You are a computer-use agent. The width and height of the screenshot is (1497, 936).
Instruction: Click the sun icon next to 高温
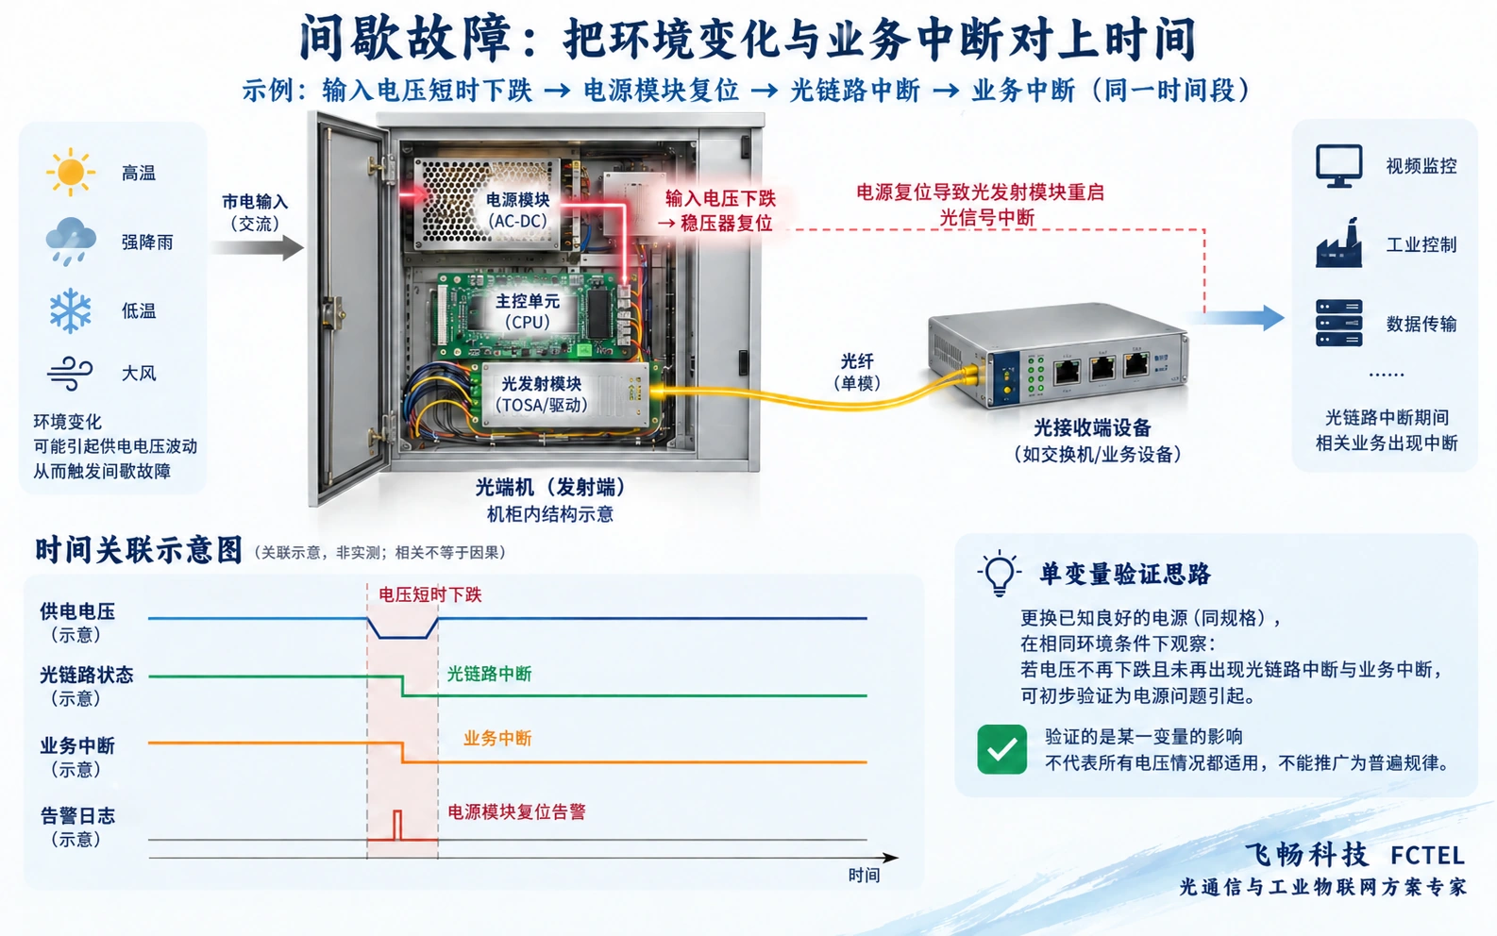click(x=70, y=173)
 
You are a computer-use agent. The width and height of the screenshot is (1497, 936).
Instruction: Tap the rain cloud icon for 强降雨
click(x=71, y=242)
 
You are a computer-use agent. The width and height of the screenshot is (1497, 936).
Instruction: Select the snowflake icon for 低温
click(x=70, y=310)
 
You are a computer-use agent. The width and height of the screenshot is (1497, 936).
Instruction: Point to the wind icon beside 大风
click(x=70, y=374)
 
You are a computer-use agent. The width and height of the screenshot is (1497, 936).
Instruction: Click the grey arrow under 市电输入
click(x=258, y=247)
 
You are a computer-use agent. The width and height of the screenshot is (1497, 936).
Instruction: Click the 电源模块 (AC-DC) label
click(x=517, y=209)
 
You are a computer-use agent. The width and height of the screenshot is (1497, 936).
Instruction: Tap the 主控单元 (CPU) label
click(x=528, y=311)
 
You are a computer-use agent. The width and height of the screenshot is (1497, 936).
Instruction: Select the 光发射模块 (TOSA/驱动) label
click(x=542, y=394)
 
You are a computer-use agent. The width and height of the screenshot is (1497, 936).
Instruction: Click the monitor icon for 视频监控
click(x=1339, y=166)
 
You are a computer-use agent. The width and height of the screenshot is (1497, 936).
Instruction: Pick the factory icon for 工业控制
click(x=1339, y=243)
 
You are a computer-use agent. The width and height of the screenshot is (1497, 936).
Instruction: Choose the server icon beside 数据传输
click(x=1339, y=323)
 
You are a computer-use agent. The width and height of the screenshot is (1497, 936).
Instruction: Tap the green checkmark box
click(x=1001, y=749)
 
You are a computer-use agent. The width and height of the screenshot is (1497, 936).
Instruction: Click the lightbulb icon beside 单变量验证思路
click(x=1000, y=574)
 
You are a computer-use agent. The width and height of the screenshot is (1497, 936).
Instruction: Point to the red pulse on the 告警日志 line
click(x=397, y=825)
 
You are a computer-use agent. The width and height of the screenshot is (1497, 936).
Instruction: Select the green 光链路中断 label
click(x=489, y=674)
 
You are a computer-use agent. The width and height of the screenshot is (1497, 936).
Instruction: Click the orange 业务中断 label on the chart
click(x=497, y=738)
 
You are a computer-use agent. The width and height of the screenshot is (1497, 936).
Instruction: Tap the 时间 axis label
click(x=864, y=876)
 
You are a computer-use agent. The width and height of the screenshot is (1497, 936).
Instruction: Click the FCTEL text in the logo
click(x=1427, y=855)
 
